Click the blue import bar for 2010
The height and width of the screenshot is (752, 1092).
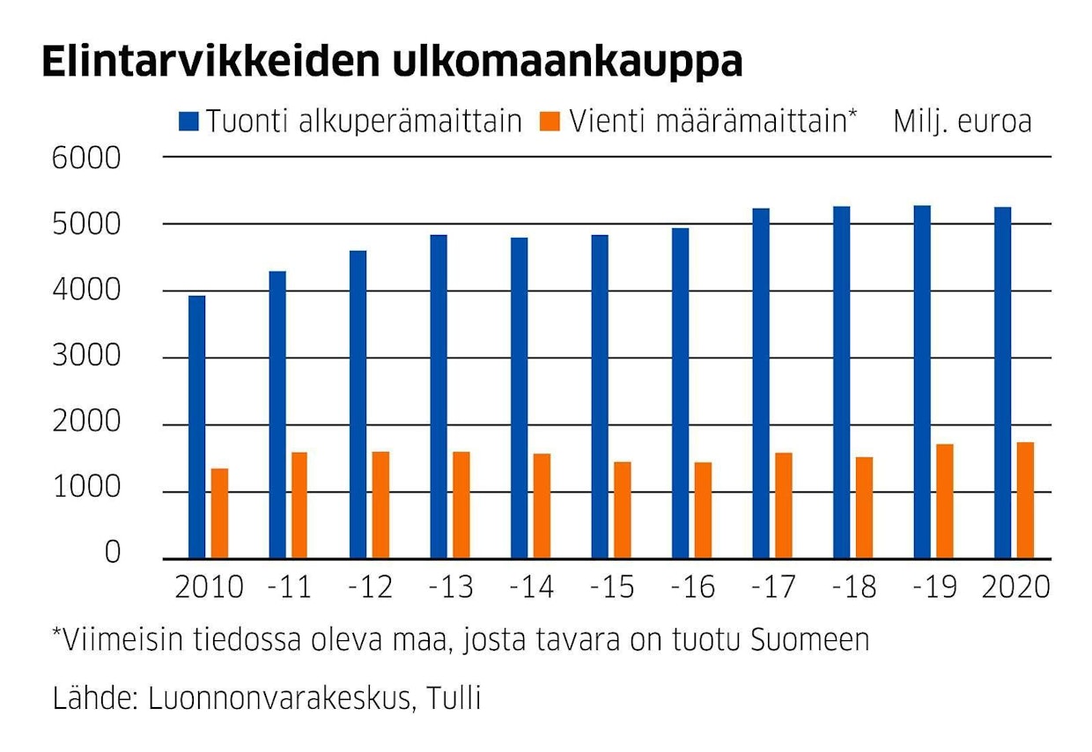[196, 427]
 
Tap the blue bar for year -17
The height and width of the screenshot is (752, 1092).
[761, 383]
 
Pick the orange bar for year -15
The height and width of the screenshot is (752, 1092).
[622, 510]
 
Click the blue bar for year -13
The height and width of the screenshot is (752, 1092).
[439, 396]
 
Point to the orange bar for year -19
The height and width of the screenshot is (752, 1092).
[944, 501]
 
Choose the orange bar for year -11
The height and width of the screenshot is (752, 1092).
[299, 505]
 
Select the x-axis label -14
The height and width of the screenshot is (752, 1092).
[531, 586]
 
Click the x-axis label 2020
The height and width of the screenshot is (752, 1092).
[1017, 586]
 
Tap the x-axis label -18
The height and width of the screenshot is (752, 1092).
[853, 586]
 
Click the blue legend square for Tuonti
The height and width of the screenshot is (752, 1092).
[188, 121]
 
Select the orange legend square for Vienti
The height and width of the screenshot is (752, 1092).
[550, 121]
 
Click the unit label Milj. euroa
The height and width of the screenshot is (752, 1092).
[962, 121]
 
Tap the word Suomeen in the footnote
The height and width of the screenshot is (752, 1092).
[809, 640]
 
